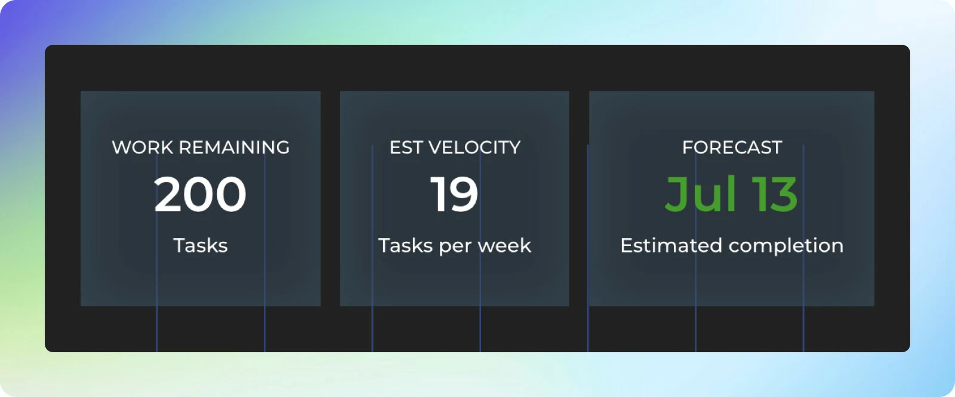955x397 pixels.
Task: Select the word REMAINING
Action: (x=234, y=147)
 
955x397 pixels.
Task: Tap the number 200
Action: (x=201, y=194)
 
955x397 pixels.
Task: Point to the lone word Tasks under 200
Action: (x=201, y=245)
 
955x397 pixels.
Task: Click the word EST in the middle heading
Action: (x=406, y=147)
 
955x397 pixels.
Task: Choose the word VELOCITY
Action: (x=474, y=147)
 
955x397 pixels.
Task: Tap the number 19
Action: (x=454, y=194)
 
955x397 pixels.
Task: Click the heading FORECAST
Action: (x=732, y=147)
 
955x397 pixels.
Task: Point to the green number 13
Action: (x=774, y=194)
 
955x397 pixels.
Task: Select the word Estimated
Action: (x=671, y=245)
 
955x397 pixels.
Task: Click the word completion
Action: (x=786, y=247)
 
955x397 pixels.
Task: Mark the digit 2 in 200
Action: (x=169, y=194)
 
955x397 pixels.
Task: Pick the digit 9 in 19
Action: (x=462, y=194)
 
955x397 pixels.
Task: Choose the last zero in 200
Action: (x=231, y=194)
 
